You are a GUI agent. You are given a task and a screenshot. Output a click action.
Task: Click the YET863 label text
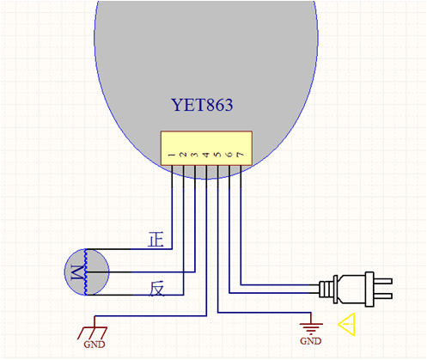[x=202, y=105]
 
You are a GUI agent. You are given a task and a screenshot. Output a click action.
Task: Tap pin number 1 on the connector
[x=172, y=155]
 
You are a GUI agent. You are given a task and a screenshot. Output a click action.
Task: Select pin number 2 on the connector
[x=183, y=155]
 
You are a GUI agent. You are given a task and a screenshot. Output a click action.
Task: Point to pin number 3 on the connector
[x=195, y=155]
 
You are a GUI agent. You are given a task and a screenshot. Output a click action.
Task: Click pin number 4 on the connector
[x=206, y=155]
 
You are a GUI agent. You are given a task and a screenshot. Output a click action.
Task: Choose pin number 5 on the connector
[x=217, y=155]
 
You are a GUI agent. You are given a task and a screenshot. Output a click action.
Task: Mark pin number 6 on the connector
[x=229, y=155]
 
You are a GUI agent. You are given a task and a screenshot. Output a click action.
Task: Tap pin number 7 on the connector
[x=241, y=155]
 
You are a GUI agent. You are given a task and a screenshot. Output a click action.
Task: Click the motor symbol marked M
[x=87, y=272]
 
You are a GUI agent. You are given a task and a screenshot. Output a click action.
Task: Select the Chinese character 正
[x=156, y=240]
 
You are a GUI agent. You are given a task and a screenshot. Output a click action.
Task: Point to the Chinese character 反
[x=156, y=289]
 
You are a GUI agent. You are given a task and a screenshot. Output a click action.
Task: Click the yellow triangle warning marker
[x=347, y=324]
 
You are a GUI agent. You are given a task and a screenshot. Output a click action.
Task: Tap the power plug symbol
[x=356, y=289]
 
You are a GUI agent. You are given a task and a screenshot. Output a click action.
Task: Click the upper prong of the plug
[x=383, y=281]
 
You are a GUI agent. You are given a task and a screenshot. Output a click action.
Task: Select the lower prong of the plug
[x=383, y=296]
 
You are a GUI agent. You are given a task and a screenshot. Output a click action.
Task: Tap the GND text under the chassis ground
[x=95, y=345]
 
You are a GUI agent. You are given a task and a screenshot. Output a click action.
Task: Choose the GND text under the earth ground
[x=311, y=341]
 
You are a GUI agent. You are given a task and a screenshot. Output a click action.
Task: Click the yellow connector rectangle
[x=206, y=149]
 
